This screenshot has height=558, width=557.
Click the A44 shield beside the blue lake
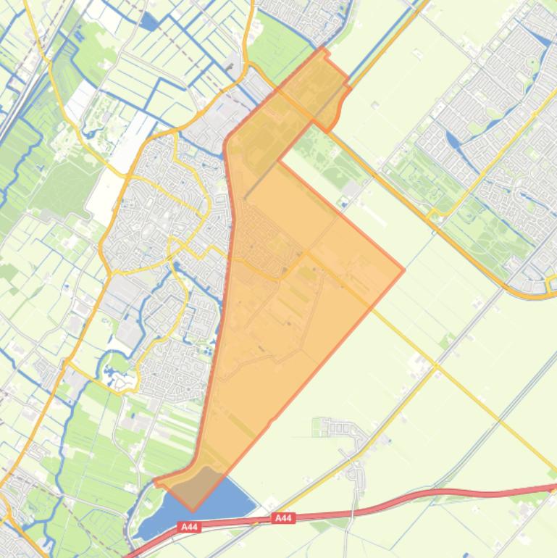pyautogui.click(x=190, y=527)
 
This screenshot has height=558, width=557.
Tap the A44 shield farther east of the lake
pyautogui.click(x=284, y=518)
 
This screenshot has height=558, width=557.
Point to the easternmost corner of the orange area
pyautogui.click(x=403, y=270)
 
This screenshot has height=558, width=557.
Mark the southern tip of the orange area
pyautogui.click(x=193, y=510)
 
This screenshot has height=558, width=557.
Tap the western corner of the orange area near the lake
pyautogui.click(x=156, y=481)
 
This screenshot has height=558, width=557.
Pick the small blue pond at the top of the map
pyautogui.click(x=149, y=22)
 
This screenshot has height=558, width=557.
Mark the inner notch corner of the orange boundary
pyautogui.click(x=278, y=161)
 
